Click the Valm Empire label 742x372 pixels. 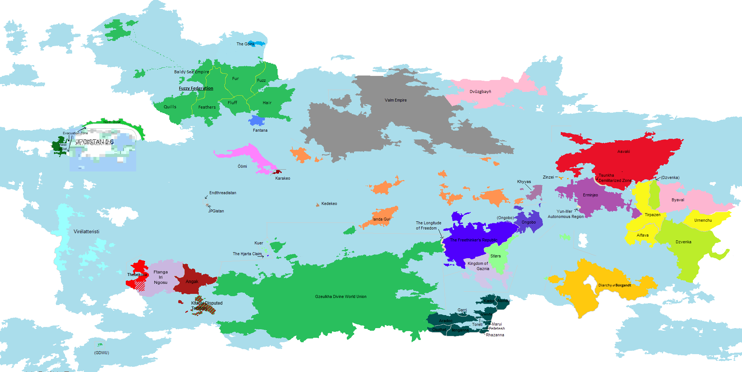click(396, 100)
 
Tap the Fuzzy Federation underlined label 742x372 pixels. click(196, 88)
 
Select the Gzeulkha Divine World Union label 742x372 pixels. click(340, 296)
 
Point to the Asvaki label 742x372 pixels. click(623, 151)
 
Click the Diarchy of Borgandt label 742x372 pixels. click(614, 285)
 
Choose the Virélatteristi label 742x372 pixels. click(86, 231)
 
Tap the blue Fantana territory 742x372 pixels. click(256, 121)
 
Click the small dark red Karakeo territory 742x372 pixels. click(278, 172)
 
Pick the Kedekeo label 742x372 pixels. click(329, 203)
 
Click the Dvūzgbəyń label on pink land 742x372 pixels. click(480, 92)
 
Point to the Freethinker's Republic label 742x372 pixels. click(473, 240)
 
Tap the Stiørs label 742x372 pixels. click(495, 256)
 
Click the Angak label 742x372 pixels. click(192, 282)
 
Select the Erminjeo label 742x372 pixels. click(590, 195)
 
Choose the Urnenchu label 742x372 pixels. click(703, 220)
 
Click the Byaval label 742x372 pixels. click(678, 200)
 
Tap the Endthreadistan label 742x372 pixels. click(223, 193)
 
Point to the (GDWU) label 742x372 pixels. click(101, 353)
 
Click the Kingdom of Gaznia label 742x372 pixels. click(478, 266)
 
